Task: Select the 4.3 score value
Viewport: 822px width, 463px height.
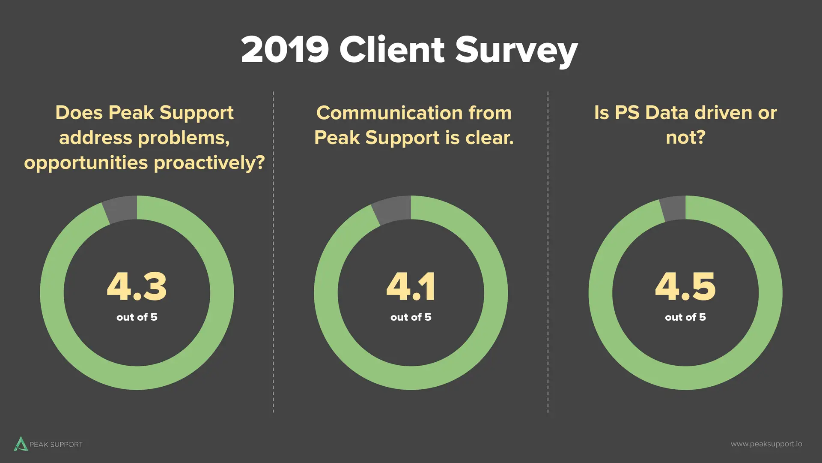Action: point(137,286)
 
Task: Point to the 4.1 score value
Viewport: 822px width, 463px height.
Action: point(411,286)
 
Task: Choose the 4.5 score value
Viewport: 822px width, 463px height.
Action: point(685,286)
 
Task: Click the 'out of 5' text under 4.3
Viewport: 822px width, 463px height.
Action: point(137,317)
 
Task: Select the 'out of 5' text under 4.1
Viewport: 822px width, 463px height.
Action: point(411,317)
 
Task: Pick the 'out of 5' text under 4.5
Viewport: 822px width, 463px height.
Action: point(685,317)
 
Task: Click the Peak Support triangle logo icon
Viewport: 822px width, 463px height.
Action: point(21,444)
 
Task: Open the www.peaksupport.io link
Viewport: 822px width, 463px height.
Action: point(766,444)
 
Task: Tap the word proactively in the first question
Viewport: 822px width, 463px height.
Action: point(209,163)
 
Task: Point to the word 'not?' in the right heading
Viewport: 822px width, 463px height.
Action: point(685,138)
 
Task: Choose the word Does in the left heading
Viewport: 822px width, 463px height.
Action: point(79,113)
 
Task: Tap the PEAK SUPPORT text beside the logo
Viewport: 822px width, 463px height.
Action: point(56,445)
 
